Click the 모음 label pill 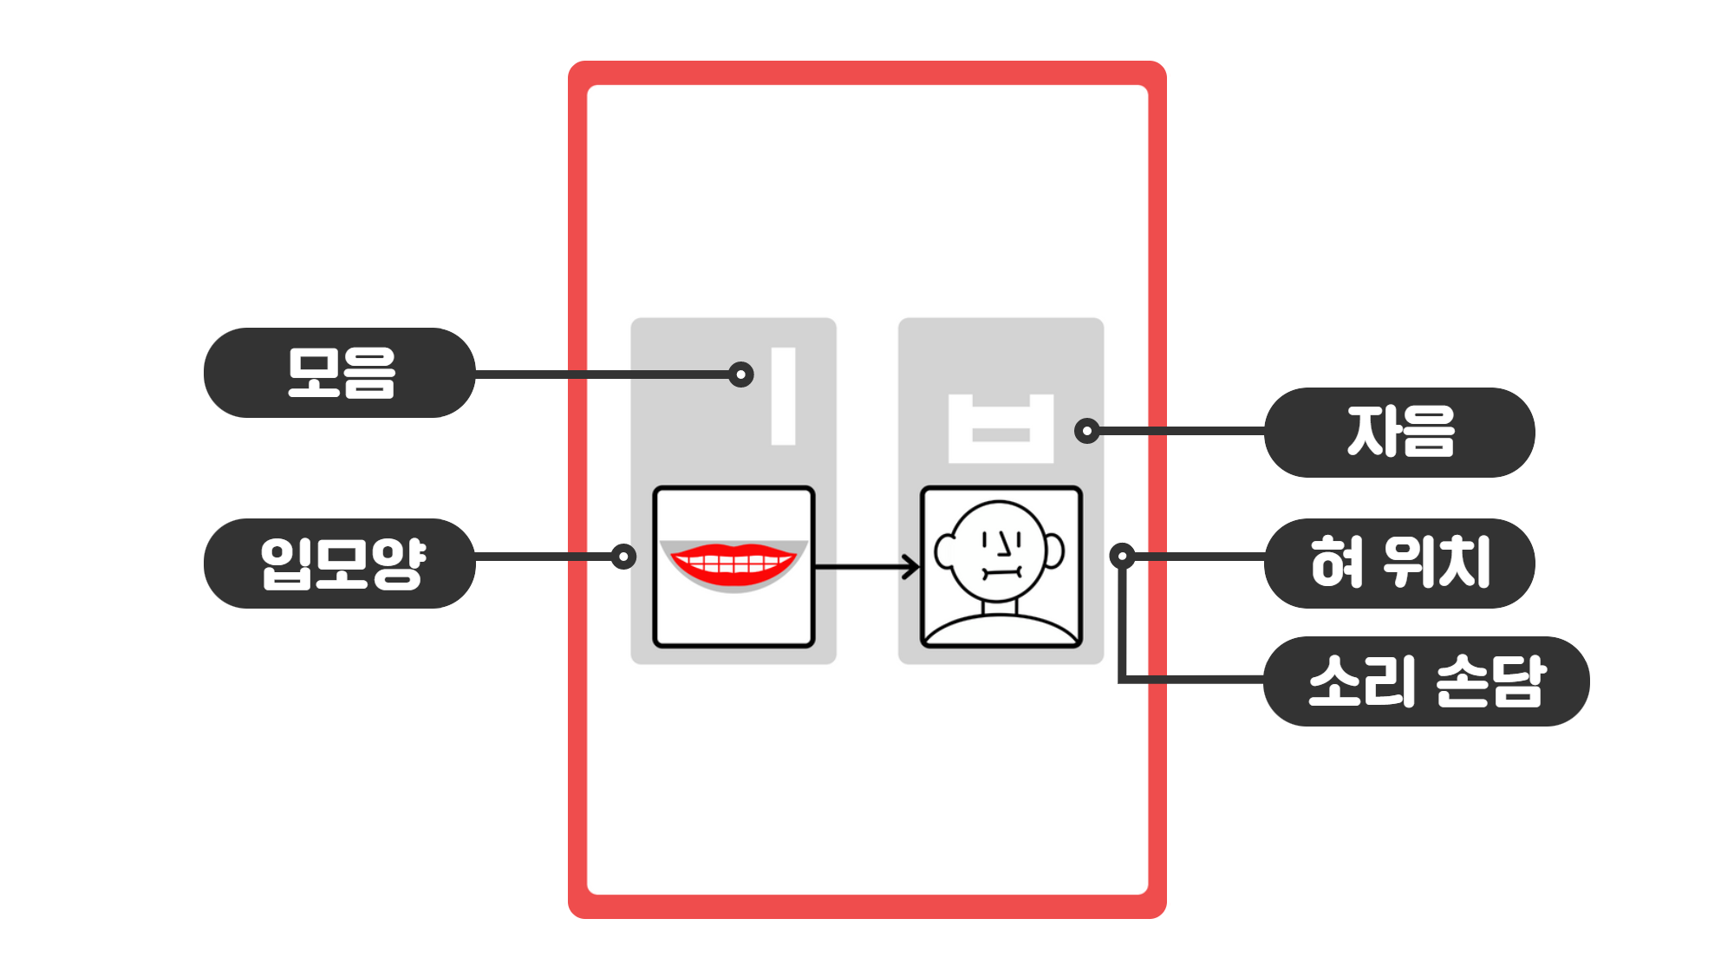(340, 373)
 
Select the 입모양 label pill (340, 564)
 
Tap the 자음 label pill (1399, 432)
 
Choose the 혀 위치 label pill (1399, 564)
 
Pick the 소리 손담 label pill (1426, 681)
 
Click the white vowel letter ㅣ (783, 396)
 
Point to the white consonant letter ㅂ (1001, 429)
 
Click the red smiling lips (733, 564)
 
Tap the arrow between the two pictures (867, 567)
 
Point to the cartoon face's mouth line (1002, 572)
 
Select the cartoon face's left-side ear (944, 551)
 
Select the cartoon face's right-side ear (1054, 551)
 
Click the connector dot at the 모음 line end (740, 375)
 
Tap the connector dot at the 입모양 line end (623, 557)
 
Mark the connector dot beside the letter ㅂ (1086, 431)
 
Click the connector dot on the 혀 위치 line (1122, 556)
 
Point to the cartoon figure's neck (1000, 607)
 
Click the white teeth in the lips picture (733, 564)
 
